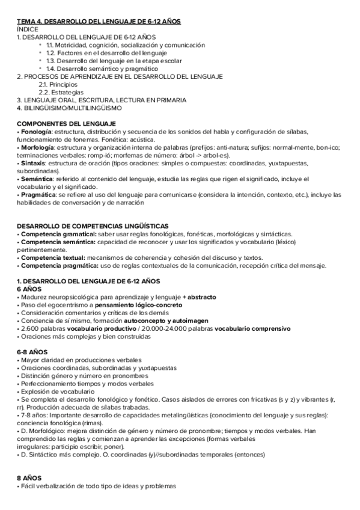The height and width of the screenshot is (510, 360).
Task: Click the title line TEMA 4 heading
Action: click(x=99, y=21)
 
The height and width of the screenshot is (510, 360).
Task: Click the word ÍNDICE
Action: click(x=28, y=29)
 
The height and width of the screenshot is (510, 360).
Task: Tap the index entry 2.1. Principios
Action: click(x=58, y=85)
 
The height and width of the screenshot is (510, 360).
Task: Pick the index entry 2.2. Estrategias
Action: click(x=59, y=93)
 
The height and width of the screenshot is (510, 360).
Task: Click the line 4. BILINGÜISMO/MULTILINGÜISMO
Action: click(x=69, y=108)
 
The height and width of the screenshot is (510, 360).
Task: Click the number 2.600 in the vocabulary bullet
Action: click(x=28, y=328)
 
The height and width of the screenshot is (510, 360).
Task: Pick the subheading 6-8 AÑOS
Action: click(x=34, y=352)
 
